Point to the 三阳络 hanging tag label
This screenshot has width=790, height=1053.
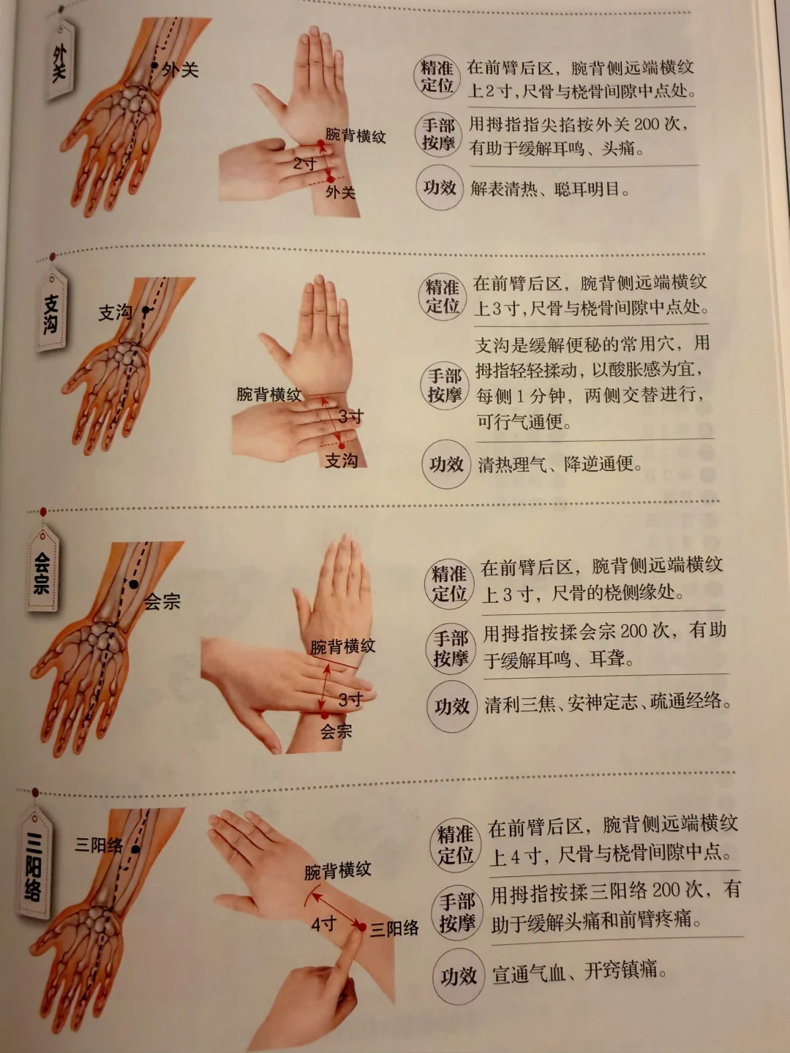point(34,867)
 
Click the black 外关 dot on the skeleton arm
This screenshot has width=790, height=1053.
point(154,65)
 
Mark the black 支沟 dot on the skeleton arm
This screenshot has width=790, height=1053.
point(146,310)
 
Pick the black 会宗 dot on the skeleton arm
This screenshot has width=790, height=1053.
point(134,584)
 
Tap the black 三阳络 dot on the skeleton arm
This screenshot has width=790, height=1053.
point(136,850)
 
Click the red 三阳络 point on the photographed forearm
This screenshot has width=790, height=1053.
point(361,927)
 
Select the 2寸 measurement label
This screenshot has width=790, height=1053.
point(305,164)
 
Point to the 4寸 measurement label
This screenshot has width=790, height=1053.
point(324,924)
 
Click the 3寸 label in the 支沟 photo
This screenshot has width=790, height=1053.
point(350,416)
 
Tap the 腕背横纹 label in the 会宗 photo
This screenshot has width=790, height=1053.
point(342,646)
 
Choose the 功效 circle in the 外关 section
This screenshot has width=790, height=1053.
point(440,188)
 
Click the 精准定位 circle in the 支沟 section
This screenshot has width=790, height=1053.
point(443,298)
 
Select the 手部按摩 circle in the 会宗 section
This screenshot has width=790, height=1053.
point(451,649)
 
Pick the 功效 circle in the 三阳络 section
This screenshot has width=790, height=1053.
point(459,976)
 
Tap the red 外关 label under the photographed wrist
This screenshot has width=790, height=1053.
point(341,192)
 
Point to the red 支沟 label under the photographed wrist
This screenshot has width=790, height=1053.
point(341,461)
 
